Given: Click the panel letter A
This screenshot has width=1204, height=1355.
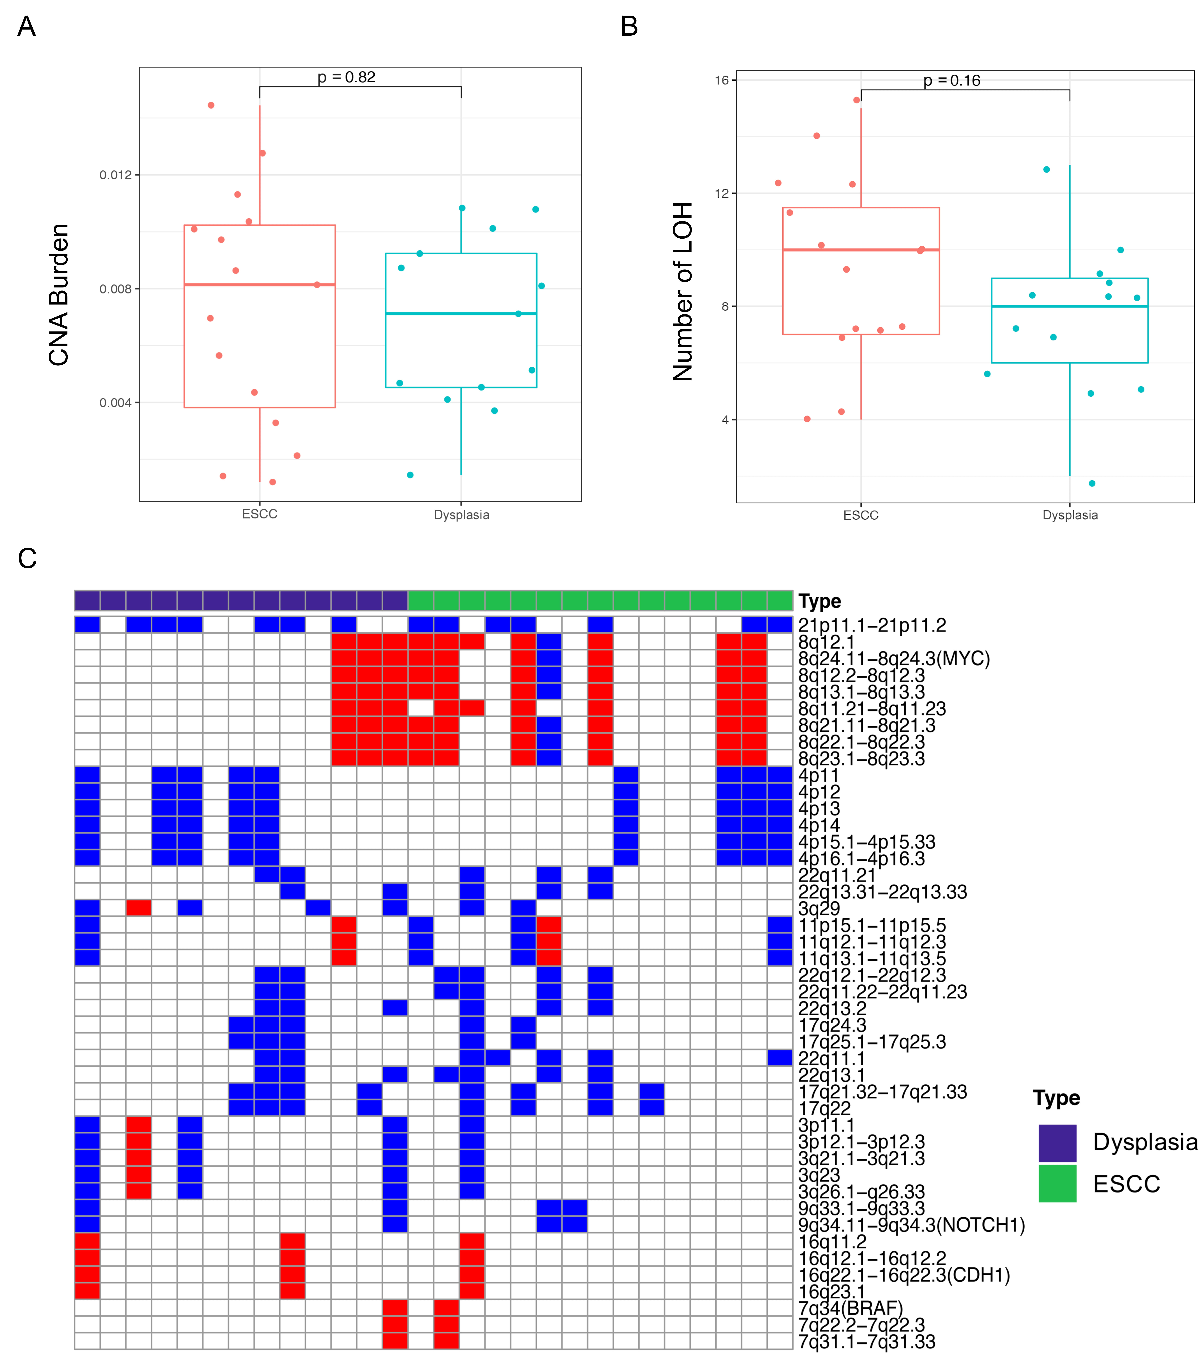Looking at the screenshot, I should point(27,27).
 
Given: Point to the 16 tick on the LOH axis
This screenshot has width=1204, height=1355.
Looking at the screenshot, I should point(721,80).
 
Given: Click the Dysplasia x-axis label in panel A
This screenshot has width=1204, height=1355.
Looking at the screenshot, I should point(461,515).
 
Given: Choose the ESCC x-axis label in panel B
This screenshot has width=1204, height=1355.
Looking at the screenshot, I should point(861,515).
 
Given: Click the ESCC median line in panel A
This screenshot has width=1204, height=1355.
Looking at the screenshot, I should point(259,284).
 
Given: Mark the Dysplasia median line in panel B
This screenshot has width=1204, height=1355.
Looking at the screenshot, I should point(1069,306).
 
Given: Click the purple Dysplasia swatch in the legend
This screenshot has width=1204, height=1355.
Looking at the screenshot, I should point(1057,1143).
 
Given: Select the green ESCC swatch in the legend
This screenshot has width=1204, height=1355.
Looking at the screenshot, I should point(1057,1184).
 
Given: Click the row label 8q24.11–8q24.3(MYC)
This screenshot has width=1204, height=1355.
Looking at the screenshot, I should point(894,659).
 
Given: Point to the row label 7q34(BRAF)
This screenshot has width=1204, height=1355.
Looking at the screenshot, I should point(851,1309).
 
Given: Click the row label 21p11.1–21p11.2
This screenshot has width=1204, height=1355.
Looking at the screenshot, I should point(872,625).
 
